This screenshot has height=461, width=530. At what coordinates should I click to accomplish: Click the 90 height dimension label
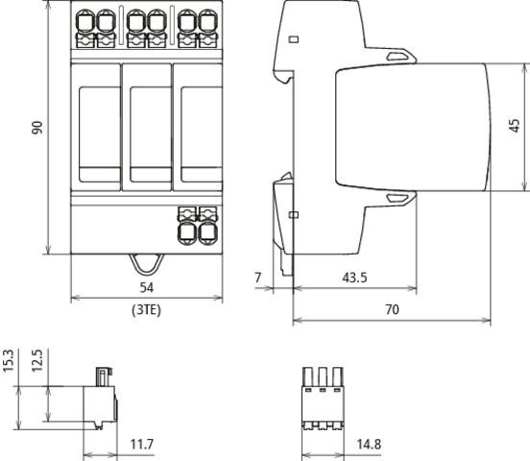(x=37, y=128)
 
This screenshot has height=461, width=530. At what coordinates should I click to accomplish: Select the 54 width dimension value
(x=147, y=287)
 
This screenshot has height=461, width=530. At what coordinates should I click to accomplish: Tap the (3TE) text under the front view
(x=146, y=310)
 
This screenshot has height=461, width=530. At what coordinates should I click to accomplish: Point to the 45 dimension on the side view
(x=515, y=126)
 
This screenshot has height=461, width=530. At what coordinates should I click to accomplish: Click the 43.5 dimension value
(x=354, y=278)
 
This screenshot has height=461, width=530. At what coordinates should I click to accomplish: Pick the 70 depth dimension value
(x=392, y=309)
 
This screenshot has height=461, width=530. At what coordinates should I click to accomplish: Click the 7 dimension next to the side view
(x=258, y=278)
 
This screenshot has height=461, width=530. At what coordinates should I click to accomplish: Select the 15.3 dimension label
(x=8, y=360)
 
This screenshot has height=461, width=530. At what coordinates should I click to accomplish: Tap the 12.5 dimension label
(x=37, y=360)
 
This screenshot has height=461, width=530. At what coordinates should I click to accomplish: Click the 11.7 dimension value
(x=142, y=444)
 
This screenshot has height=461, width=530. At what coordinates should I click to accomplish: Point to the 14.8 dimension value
(x=369, y=444)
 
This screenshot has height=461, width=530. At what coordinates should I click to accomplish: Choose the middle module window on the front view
(x=151, y=134)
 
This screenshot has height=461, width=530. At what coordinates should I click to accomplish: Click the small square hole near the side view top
(x=294, y=39)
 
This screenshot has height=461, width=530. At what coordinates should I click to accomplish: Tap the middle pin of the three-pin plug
(x=323, y=376)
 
